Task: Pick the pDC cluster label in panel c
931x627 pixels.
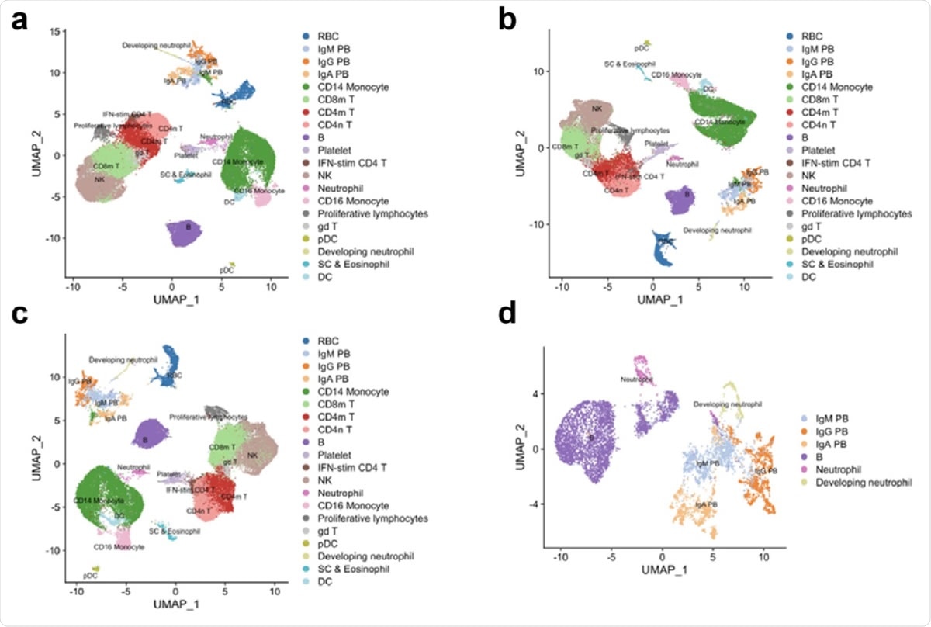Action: point(91,575)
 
